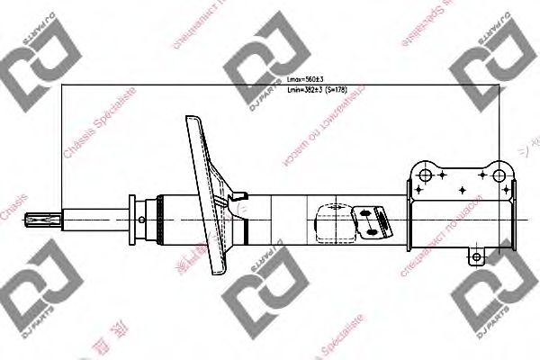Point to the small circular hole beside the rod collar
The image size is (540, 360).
142,217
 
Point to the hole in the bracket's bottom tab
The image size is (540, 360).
478,258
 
